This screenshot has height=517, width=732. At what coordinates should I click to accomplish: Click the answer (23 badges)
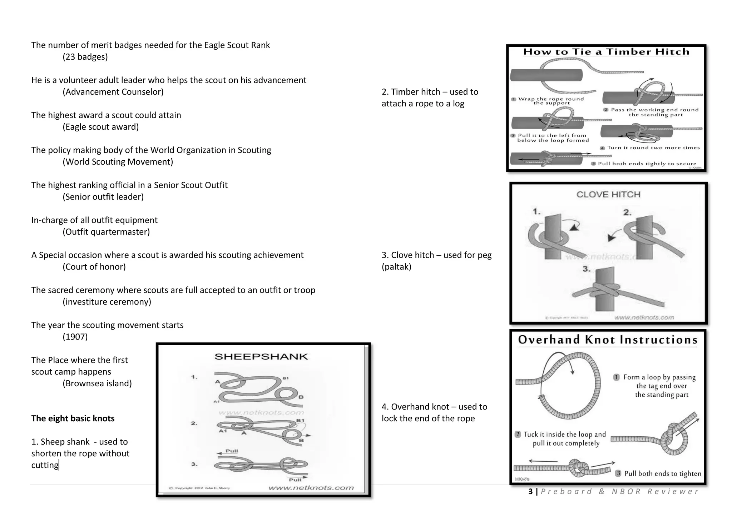pyautogui.click(x=85, y=57)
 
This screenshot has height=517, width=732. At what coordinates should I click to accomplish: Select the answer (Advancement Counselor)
pyautogui.click(x=113, y=92)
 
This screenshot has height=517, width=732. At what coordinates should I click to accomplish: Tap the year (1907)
pyautogui.click(x=75, y=337)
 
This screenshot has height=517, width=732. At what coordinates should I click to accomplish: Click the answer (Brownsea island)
pyautogui.click(x=97, y=383)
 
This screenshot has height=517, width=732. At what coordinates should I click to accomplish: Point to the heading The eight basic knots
pyautogui.click(x=73, y=418)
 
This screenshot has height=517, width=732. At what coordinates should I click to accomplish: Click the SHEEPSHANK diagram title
pyautogui.click(x=261, y=356)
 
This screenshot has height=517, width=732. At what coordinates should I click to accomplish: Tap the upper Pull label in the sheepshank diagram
pyautogui.click(x=232, y=451)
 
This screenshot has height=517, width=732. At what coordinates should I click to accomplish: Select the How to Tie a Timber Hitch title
pyautogui.click(x=606, y=52)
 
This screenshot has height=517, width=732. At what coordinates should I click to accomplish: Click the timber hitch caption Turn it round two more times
pyautogui.click(x=653, y=148)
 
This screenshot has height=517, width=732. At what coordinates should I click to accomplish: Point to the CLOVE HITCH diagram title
pyautogui.click(x=608, y=195)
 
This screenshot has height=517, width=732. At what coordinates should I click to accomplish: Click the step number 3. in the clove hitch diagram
pyautogui.click(x=587, y=269)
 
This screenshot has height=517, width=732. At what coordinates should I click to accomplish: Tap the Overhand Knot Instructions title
pyautogui.click(x=608, y=340)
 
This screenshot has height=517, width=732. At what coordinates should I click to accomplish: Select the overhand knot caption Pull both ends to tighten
pyautogui.click(x=662, y=474)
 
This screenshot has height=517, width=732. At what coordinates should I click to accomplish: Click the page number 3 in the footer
pyautogui.click(x=530, y=492)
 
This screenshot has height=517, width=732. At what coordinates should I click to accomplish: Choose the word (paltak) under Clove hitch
pyautogui.click(x=396, y=267)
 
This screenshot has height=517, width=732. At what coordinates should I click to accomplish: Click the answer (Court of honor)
pyautogui.click(x=94, y=267)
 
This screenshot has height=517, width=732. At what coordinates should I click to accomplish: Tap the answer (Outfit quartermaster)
pyautogui.click(x=106, y=232)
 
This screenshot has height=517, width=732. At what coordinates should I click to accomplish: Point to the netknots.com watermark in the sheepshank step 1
pyautogui.click(x=261, y=413)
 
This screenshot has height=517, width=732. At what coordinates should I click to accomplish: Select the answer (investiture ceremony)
pyautogui.click(x=107, y=302)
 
